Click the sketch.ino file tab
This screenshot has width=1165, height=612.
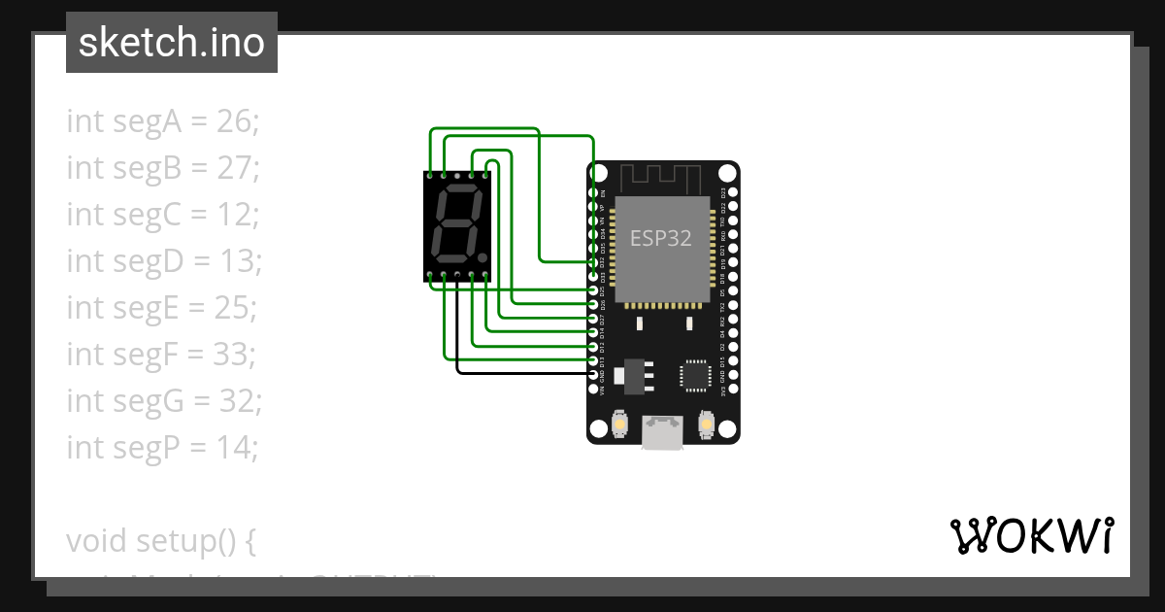(171, 43)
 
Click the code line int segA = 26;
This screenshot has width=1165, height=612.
(163, 121)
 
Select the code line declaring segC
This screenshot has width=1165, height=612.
(162, 215)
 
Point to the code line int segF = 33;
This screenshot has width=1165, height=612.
(161, 355)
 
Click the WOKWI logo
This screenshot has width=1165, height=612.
(1031, 535)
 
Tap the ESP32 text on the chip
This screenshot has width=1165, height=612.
(660, 238)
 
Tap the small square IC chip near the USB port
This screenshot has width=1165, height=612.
(695, 376)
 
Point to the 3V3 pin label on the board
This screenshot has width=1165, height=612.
(723, 391)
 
